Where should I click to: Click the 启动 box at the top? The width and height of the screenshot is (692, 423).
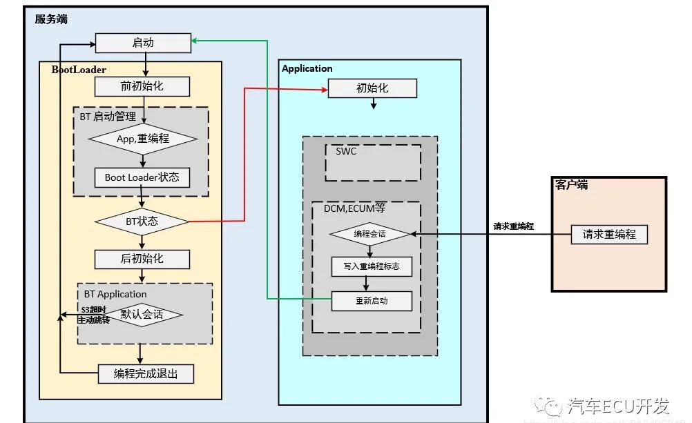142,43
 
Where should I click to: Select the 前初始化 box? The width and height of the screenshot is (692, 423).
142,86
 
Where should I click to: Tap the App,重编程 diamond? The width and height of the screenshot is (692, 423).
142,138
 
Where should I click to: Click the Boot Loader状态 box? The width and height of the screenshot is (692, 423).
142,177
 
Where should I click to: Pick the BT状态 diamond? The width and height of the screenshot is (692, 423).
142,222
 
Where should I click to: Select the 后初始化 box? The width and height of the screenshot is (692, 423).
142,259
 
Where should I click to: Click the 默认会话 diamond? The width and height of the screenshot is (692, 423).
142,315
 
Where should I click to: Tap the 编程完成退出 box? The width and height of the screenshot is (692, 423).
146,374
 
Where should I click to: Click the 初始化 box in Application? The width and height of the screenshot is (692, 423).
372,88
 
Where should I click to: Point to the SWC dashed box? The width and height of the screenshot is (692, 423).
373,163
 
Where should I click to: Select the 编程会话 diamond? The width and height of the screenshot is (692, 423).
369,235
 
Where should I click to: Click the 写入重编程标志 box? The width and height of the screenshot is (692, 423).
372,266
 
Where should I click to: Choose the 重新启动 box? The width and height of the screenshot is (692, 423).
372,301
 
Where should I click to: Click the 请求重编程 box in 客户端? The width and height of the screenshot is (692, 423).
609,234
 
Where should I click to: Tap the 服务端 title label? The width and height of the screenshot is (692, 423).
52,19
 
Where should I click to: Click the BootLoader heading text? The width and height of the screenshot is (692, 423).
79,70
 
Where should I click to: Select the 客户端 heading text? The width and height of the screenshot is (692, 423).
571,185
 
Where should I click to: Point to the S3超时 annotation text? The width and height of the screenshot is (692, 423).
95,310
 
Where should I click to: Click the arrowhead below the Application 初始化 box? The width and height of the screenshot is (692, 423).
373,106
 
